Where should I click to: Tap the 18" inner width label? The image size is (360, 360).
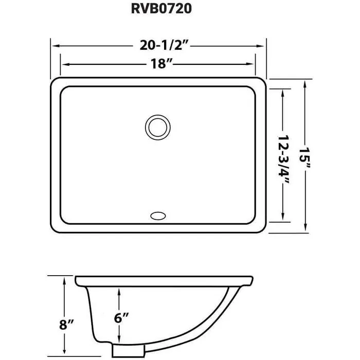[x=158, y=65]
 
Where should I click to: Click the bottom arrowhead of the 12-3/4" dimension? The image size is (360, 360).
[x=282, y=218]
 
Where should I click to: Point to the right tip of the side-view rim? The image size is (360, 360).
[x=253, y=280]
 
